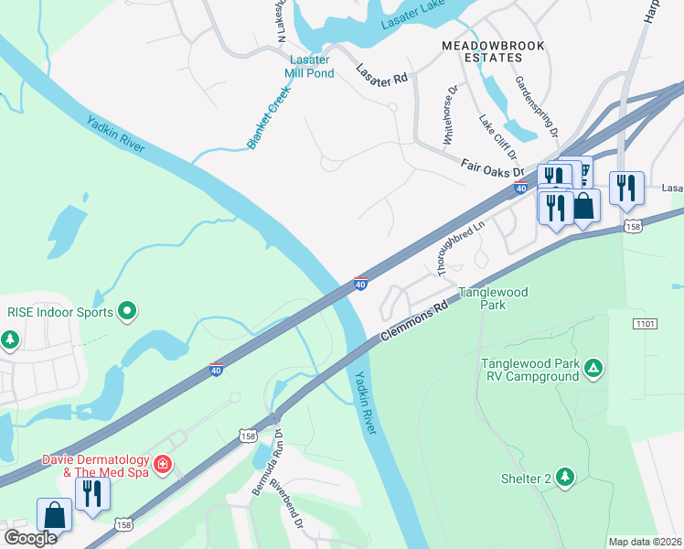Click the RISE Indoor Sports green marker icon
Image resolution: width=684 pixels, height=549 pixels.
(128, 312)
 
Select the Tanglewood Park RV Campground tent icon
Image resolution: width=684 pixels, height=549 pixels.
(593, 370)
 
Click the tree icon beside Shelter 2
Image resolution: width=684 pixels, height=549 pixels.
(565, 477)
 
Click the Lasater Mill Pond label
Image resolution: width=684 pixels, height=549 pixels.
(308, 67)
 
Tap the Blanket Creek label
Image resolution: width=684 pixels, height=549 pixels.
(268, 118)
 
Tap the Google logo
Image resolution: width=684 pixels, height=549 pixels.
(29, 538)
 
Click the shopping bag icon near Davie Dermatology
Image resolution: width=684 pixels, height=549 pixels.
(55, 514)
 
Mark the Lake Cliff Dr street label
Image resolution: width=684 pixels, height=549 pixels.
(498, 136)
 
